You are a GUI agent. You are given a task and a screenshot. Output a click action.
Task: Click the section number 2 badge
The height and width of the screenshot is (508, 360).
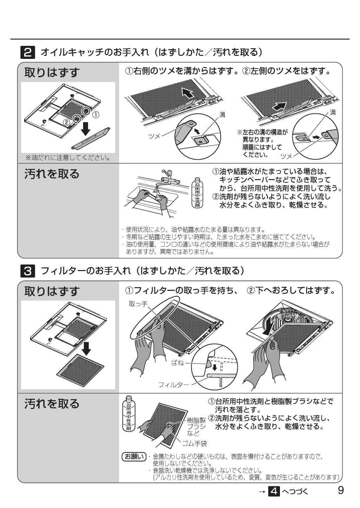coord(28,53)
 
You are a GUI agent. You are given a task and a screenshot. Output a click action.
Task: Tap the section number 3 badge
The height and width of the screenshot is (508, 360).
coord(28,270)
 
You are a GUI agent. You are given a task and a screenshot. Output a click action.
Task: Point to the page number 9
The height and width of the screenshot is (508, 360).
coord(341,490)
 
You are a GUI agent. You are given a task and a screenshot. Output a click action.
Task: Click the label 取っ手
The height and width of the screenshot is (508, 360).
coord(138,304)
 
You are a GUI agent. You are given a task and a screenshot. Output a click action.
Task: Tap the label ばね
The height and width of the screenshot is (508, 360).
coord(177,362)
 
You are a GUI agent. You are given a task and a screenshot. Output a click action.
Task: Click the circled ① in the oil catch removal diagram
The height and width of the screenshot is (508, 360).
coord(96,115)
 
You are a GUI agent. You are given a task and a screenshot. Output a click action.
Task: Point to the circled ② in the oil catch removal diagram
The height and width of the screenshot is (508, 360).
coord(67,122)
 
